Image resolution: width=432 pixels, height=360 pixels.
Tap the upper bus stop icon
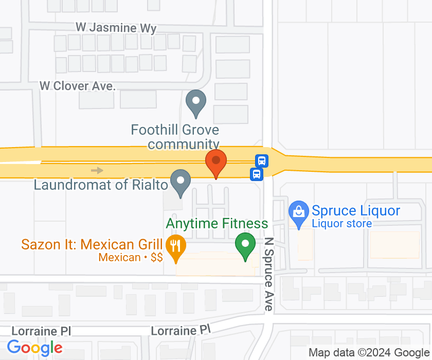pos(262,160)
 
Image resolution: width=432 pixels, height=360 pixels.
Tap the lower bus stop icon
pos(256,174)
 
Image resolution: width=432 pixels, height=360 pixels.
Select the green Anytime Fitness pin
pos(245,244)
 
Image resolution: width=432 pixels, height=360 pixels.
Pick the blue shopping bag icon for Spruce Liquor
pos(297,211)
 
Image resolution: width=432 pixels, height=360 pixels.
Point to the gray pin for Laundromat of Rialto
pos(181,182)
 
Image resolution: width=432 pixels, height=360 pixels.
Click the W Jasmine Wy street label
pos(116,28)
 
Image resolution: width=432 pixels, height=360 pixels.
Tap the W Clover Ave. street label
pos(78,86)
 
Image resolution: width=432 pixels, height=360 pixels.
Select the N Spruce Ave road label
pos(268,274)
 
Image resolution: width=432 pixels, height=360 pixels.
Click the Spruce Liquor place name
pos(356,211)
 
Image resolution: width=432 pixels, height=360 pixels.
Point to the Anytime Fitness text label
pos(217,224)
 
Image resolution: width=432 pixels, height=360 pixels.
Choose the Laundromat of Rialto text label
pos(101,185)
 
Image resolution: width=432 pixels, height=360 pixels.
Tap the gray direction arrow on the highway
pos(97,170)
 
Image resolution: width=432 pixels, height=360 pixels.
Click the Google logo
pos(34,348)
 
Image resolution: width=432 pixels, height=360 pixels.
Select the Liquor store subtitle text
pos(341,224)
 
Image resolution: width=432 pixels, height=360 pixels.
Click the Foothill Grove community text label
pos(175,137)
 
